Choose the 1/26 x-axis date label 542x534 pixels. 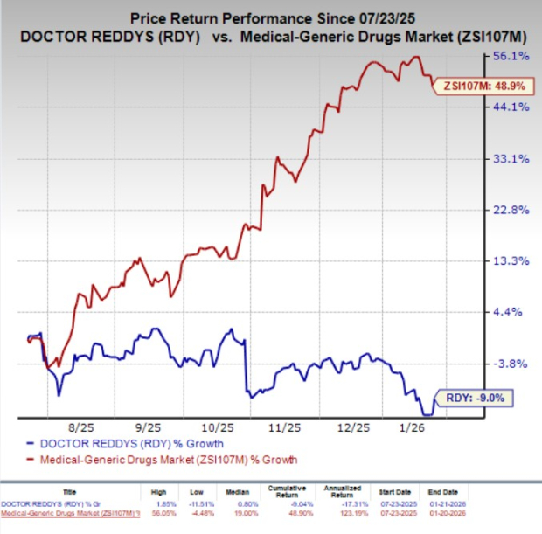(x=411, y=428)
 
